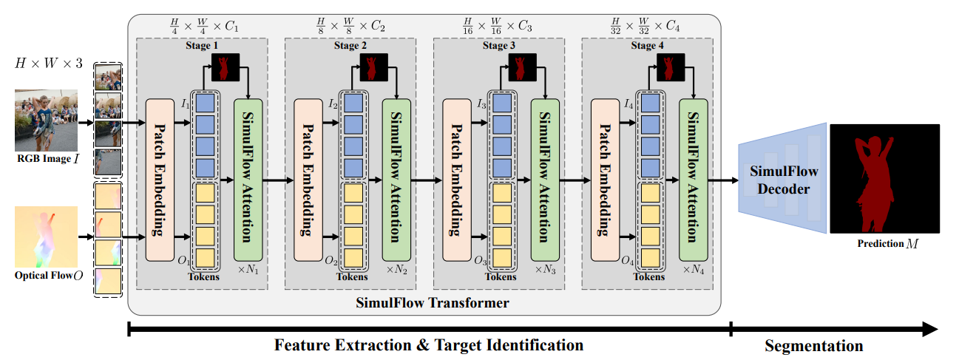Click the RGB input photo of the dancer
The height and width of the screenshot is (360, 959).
[x=46, y=120]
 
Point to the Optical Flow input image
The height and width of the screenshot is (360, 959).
[x=46, y=237]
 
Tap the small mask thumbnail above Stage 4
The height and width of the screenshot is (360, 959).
[x=671, y=67]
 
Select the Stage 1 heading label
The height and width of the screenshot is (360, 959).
[x=203, y=46]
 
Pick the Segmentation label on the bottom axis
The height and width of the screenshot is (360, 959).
[x=813, y=345]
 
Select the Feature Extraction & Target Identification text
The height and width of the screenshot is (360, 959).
[x=429, y=345]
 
